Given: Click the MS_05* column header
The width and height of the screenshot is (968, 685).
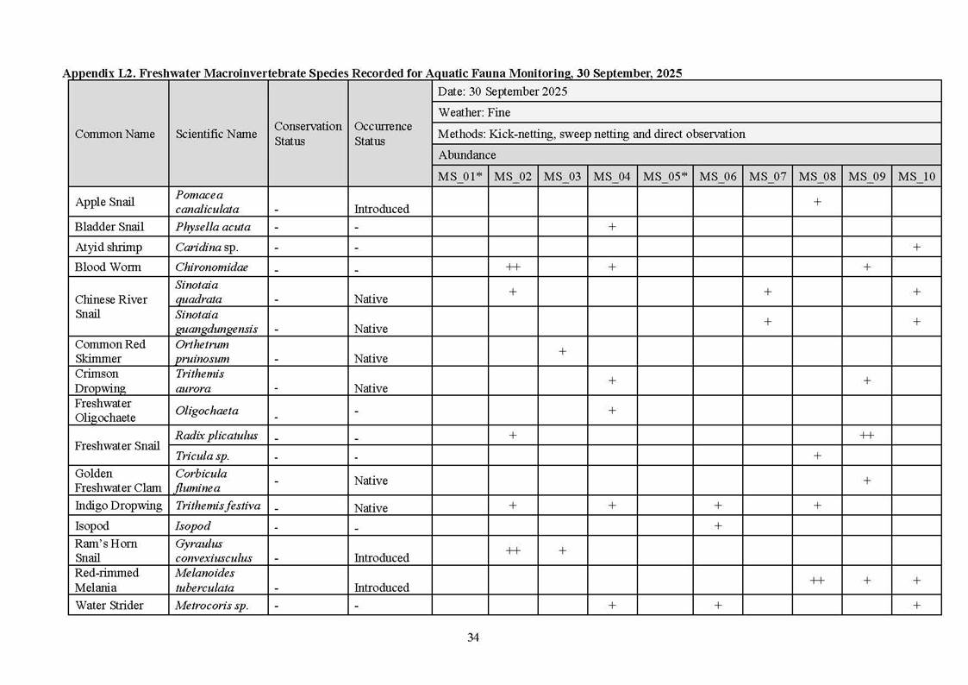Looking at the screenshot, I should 665,176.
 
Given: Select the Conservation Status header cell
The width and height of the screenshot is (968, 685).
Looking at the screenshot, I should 308,133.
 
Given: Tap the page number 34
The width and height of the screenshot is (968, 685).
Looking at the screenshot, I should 473,638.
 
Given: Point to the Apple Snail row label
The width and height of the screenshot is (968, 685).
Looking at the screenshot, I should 104,202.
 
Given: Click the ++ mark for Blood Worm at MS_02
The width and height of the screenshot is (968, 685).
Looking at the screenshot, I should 513,267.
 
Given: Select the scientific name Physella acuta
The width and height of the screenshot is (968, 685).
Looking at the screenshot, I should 213,227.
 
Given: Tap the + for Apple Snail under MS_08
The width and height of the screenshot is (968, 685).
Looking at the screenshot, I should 817,202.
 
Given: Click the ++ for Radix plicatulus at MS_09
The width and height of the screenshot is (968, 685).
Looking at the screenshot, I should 866,436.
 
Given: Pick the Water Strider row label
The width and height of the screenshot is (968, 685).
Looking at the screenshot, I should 109,605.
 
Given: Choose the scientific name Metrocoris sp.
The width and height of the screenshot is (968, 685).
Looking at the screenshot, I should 212,605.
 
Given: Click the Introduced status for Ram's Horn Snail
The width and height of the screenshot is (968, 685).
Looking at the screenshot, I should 382,557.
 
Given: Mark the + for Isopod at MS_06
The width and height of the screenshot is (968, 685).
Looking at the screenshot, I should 718,526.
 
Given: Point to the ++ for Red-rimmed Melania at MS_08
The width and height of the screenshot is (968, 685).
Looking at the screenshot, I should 817,581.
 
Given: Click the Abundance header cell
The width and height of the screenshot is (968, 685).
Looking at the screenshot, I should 467,155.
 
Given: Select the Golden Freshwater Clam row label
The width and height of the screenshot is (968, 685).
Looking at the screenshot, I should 117,481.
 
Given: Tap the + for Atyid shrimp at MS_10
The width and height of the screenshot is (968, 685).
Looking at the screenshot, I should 916,248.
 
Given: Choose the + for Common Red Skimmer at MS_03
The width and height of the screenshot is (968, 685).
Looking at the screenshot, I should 562,351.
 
